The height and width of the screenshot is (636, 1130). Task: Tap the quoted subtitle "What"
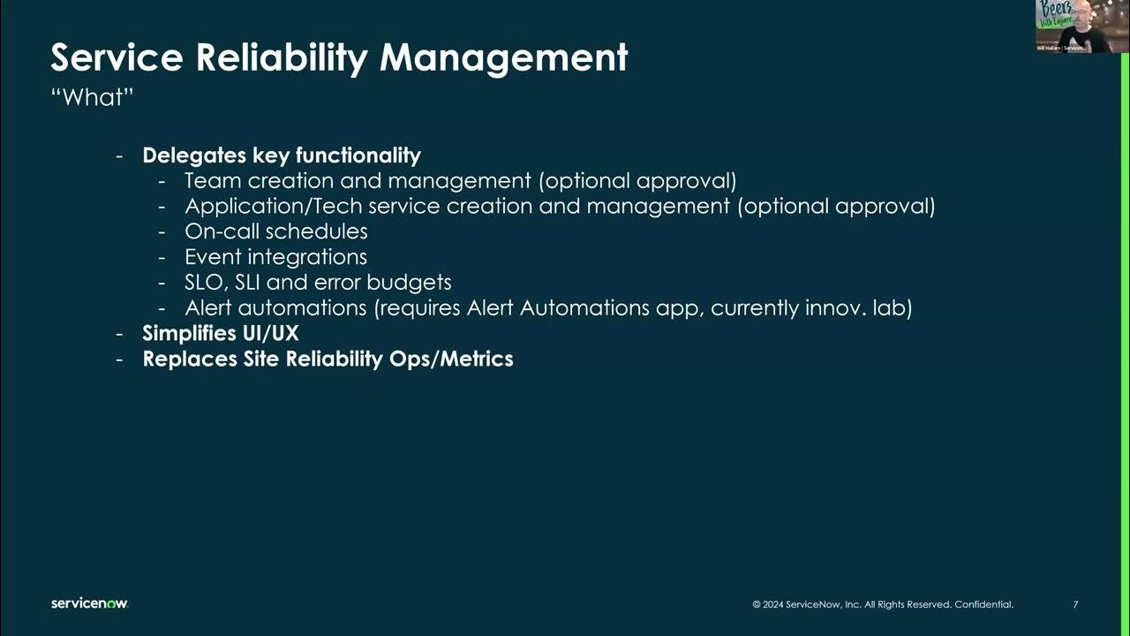click(x=92, y=97)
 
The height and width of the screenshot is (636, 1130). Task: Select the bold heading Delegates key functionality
click(x=282, y=155)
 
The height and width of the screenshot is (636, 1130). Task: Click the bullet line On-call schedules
click(x=275, y=231)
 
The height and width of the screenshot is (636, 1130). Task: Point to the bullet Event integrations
click(x=275, y=257)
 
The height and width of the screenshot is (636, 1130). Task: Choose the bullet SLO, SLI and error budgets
click(x=318, y=283)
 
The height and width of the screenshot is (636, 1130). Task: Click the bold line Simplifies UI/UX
click(x=221, y=334)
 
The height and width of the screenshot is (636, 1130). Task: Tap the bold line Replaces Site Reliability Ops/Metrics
click(x=328, y=360)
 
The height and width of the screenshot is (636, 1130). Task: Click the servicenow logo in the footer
click(x=89, y=603)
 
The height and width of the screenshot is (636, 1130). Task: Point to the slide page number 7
click(x=1075, y=605)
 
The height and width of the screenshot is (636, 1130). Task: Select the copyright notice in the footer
click(x=883, y=605)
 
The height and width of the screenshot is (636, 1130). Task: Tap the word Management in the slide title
click(x=503, y=58)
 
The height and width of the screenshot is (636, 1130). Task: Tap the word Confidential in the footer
click(x=983, y=605)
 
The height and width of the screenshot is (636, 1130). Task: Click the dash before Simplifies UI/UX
click(x=119, y=335)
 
